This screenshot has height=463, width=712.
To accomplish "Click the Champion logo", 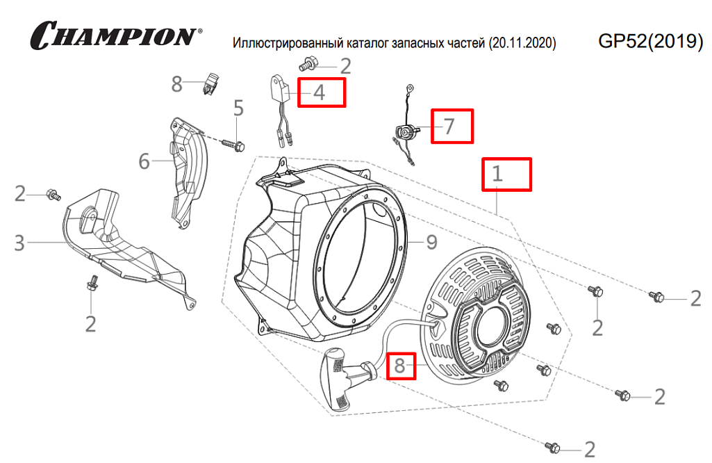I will click(115, 35).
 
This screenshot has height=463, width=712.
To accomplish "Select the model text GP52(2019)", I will click(650, 42).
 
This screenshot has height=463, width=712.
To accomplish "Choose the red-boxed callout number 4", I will click(321, 92).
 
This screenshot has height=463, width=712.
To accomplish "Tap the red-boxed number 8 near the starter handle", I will click(401, 364).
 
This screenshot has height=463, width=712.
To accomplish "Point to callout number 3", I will click(19, 243).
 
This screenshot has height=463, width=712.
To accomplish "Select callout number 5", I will click(239, 108).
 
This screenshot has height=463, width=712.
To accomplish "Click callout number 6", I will click(144, 162).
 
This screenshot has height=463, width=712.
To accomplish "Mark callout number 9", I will click(431, 243).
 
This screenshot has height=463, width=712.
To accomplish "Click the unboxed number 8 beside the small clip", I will click(177, 85).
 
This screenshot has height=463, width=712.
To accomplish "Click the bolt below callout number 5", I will click(234, 145).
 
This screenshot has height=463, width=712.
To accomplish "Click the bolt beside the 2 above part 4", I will click(308, 65).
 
